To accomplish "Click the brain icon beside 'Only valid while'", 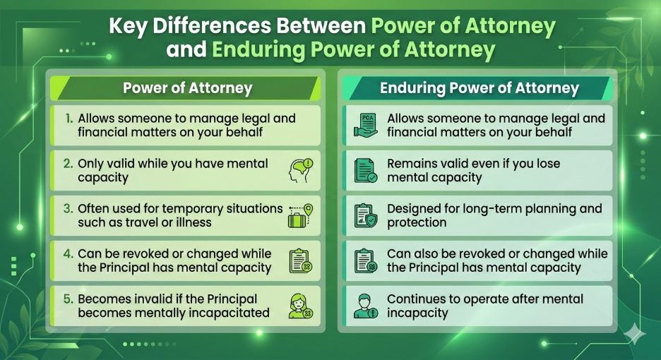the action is tap(301, 170).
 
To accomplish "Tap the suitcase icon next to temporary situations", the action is tap(297, 220).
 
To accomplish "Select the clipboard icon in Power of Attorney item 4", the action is tap(301, 260).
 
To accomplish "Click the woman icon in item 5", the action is tap(301, 306).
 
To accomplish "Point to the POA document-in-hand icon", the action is tap(366, 125).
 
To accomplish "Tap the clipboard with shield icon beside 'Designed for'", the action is tap(366, 215).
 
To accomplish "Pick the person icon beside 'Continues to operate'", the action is tap(366, 306).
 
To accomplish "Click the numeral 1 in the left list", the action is tap(69, 119).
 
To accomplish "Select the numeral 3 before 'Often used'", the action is tap(69, 209).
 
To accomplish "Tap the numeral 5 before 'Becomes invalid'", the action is tap(69, 299).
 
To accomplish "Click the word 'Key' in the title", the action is tap(128, 27).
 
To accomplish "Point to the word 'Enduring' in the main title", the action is tap(258, 49).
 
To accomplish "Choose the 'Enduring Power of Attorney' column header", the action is tap(480, 88).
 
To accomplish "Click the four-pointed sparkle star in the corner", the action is tap(634, 335).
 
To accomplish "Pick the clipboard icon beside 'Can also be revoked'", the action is tap(366, 260).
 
